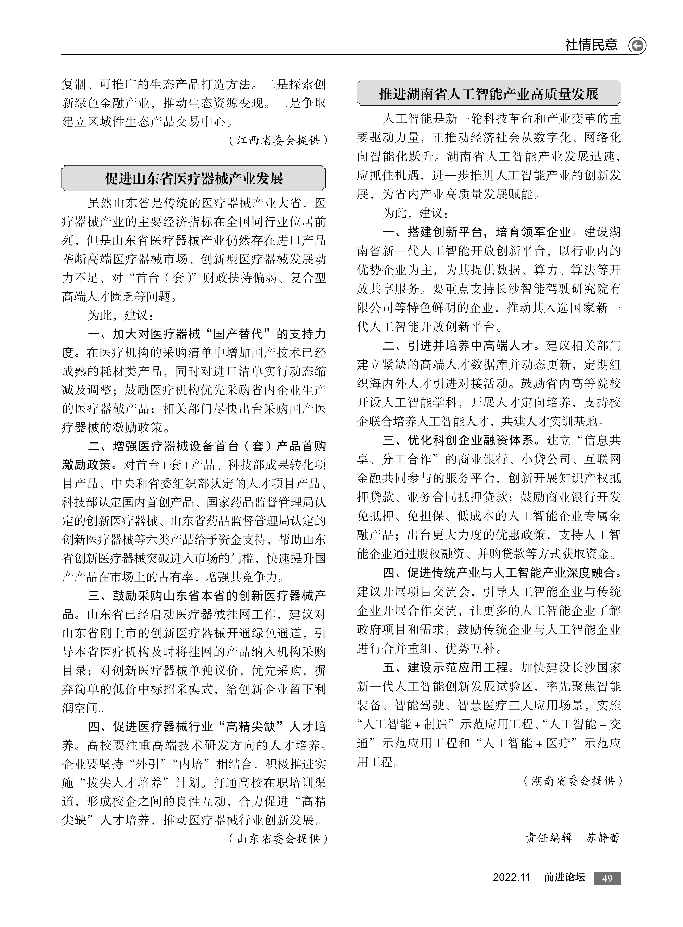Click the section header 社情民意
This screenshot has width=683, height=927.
click(x=591, y=45)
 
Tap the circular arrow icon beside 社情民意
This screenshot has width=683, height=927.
click(x=637, y=45)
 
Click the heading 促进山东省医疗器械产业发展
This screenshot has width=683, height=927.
click(x=193, y=178)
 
